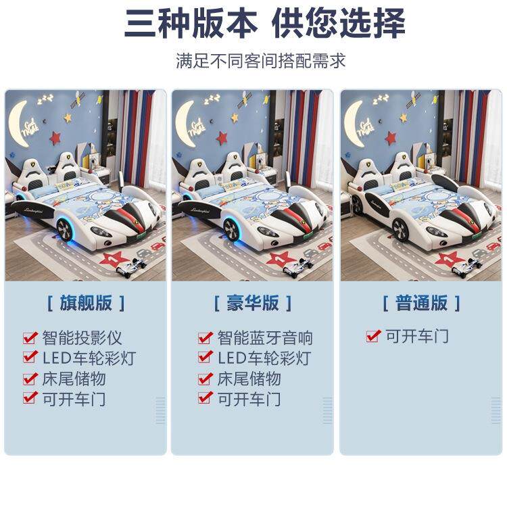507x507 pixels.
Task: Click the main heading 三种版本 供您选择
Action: click(264, 24)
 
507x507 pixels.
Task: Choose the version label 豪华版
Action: click(252, 303)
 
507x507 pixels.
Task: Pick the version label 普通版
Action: click(420, 303)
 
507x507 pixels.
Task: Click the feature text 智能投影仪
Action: click(82, 337)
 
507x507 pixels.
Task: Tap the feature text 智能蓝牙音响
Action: click(265, 337)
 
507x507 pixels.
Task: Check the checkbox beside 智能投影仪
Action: click(30, 337)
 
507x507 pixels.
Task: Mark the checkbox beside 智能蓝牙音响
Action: click(206, 337)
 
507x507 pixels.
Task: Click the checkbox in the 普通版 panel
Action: click(373, 335)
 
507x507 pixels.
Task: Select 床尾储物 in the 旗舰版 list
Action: click(74, 379)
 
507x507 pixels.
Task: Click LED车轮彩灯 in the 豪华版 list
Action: click(264, 358)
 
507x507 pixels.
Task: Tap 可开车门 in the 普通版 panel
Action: click(417, 336)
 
